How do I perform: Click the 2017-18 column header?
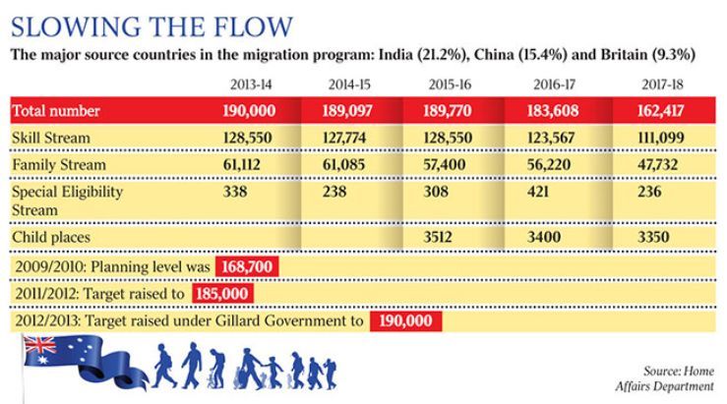[x=661, y=86]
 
